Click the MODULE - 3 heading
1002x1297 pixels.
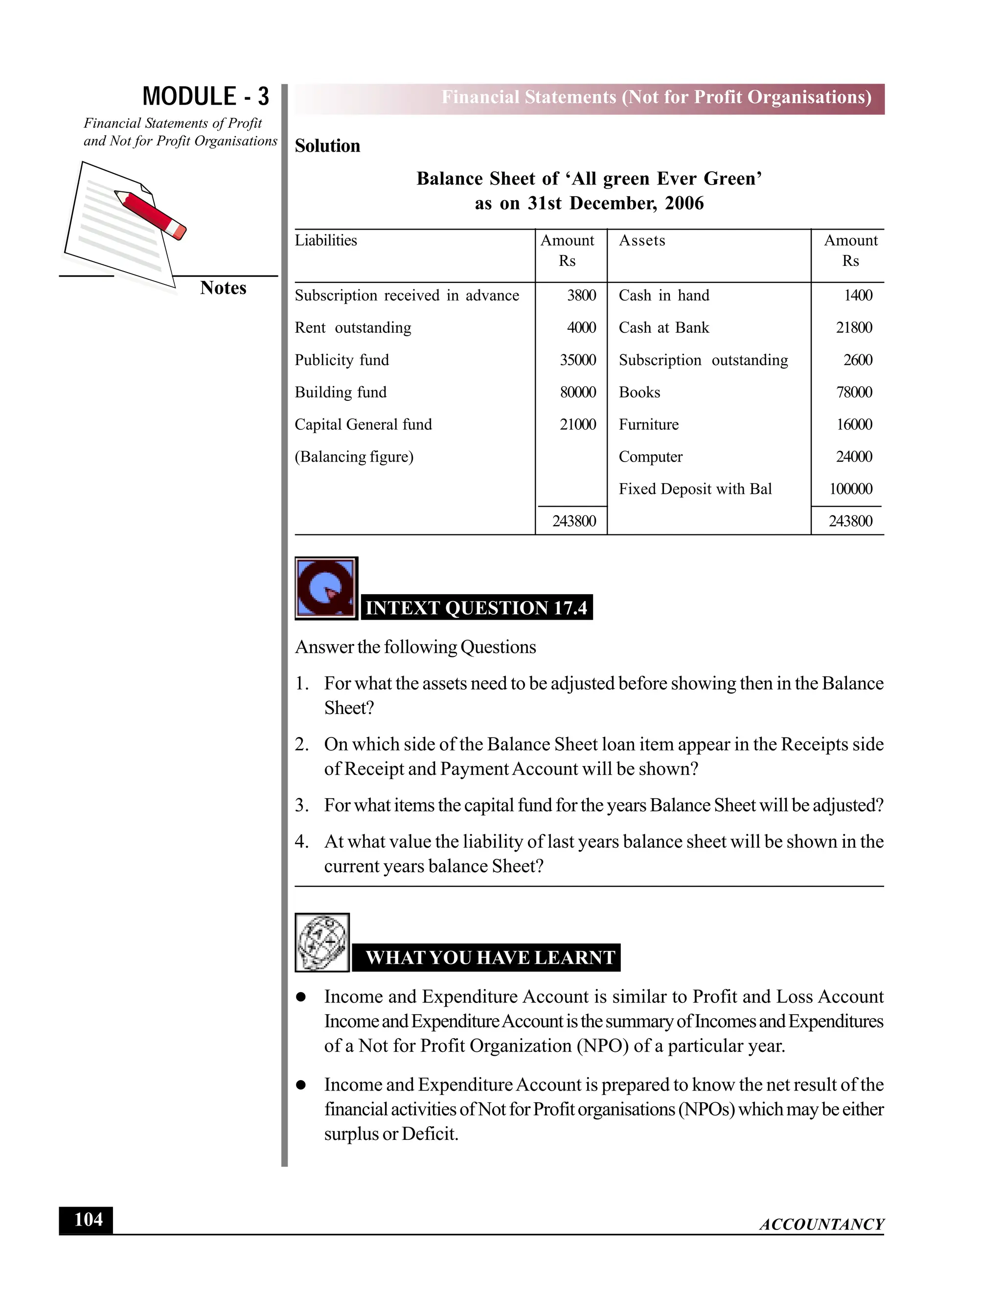(x=205, y=96)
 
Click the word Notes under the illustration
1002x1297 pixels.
(x=223, y=287)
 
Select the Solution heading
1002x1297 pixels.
(x=327, y=145)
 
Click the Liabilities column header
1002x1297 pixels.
(x=326, y=240)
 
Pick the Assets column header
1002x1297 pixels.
(x=642, y=240)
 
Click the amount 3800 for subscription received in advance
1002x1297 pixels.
(x=581, y=295)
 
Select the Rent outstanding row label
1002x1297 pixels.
(x=353, y=328)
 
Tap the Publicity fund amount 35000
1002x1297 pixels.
(x=578, y=360)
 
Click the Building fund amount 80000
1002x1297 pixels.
(x=578, y=392)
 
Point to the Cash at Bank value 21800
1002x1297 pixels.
(x=854, y=328)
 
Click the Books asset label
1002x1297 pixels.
(x=639, y=392)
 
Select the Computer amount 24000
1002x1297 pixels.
(x=854, y=457)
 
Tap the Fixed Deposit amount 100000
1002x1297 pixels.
(x=851, y=489)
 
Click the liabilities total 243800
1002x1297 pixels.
(x=573, y=521)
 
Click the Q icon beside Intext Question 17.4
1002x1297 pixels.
(x=326, y=588)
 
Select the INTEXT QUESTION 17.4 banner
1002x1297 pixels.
(x=476, y=607)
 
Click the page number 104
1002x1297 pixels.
(x=88, y=1219)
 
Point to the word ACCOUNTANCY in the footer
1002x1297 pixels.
(x=821, y=1224)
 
